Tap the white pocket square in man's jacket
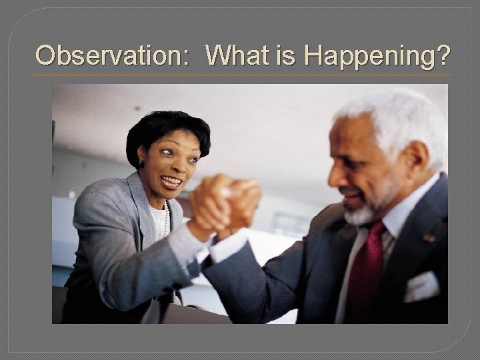(421, 286)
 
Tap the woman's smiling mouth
(172, 181)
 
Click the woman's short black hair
(167, 127)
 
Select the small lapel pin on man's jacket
(429, 238)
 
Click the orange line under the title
(240, 75)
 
